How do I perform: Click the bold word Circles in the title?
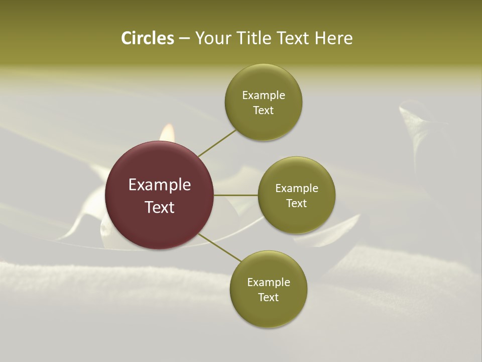(147, 38)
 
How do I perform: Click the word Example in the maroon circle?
(160, 185)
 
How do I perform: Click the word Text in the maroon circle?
(160, 207)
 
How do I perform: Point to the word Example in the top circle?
(264, 96)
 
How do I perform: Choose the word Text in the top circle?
(263, 111)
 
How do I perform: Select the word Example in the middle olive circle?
(297, 189)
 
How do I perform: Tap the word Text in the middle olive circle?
(297, 204)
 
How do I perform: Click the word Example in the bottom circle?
(269, 283)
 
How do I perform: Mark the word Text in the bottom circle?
(268, 298)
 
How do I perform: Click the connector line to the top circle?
(217, 143)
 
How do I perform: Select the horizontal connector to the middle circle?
(236, 195)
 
